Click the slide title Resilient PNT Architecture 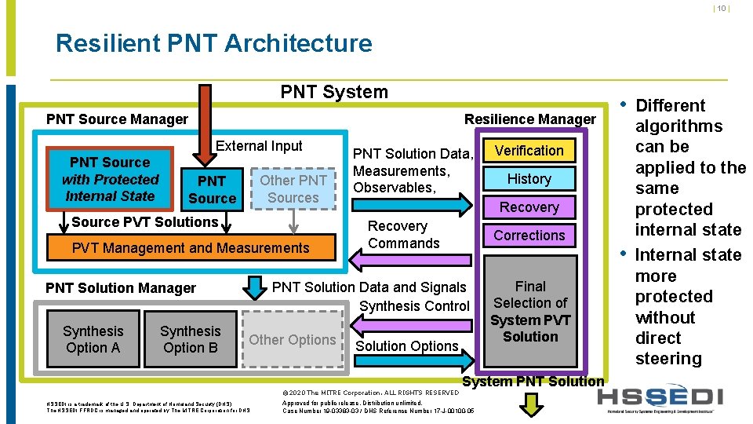[213, 43]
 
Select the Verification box [529, 151]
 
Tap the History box [529, 179]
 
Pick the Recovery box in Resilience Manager [529, 207]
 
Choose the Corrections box [529, 236]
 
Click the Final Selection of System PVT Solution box [530, 312]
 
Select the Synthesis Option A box [93, 339]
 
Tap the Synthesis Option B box [191, 339]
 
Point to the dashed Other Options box [293, 340]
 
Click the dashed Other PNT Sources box [293, 189]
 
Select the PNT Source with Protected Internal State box [110, 179]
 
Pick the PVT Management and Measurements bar [191, 248]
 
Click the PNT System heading [334, 92]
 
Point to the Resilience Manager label [530, 119]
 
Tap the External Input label [259, 146]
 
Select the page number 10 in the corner [721, 9]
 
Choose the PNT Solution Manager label [121, 288]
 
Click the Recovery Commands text [404, 235]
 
